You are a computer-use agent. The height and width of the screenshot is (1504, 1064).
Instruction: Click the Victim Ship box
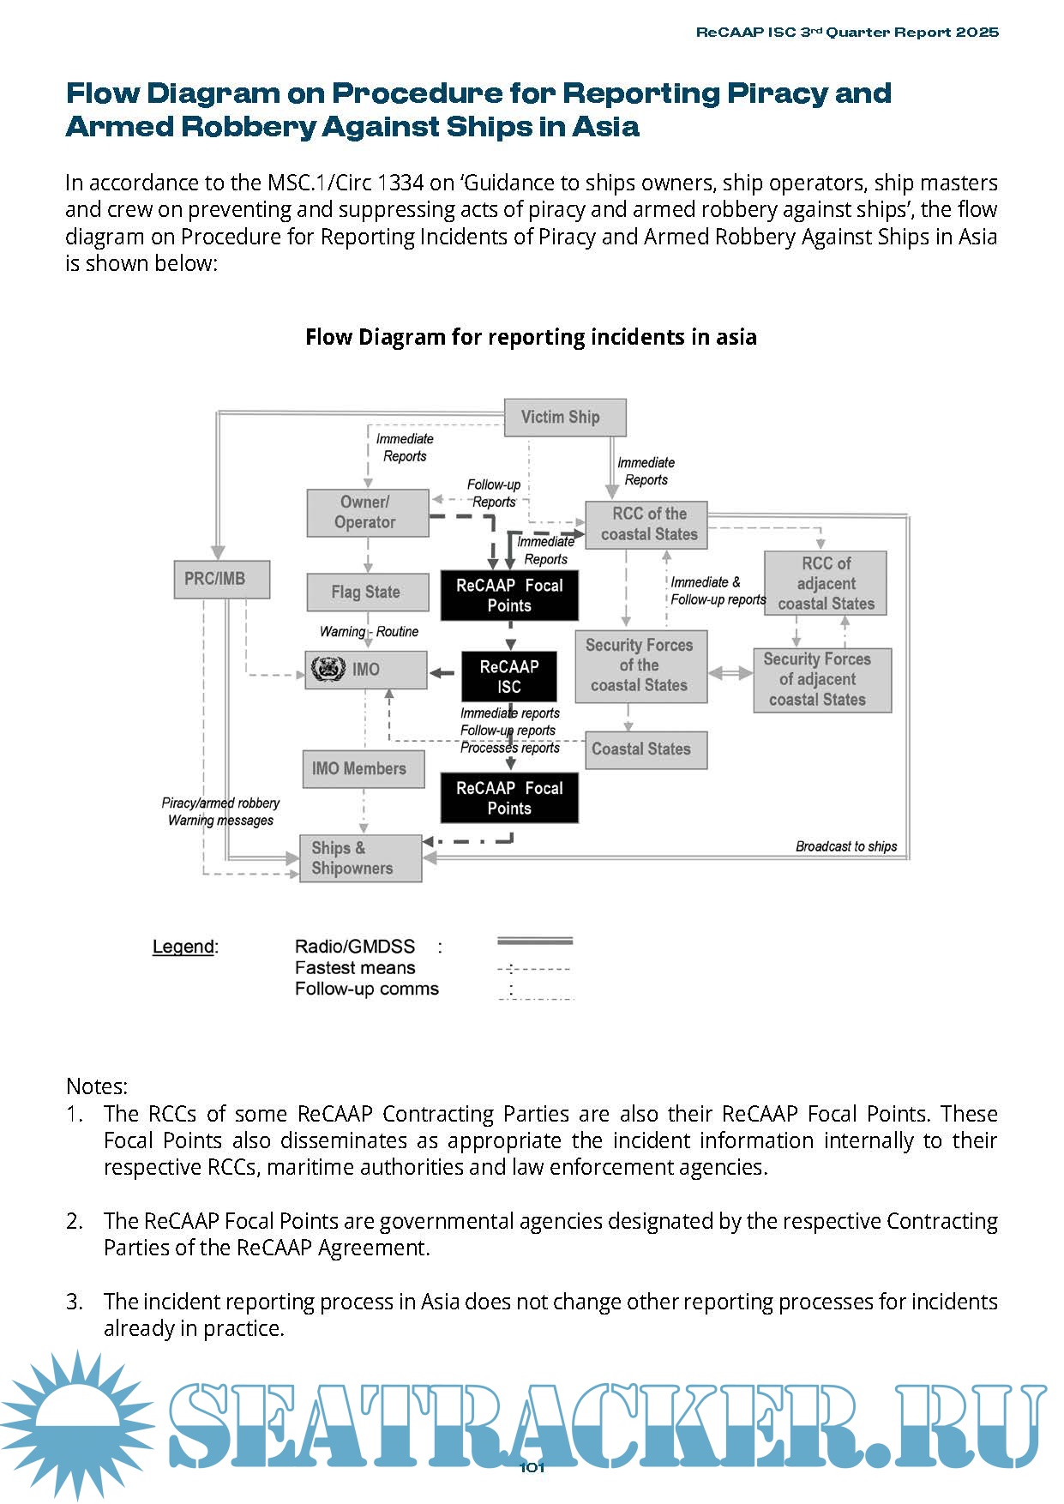coord(564,418)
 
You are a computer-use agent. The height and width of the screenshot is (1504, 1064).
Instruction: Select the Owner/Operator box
coord(368,513)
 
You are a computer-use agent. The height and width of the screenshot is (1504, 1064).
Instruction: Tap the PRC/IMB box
coord(221,580)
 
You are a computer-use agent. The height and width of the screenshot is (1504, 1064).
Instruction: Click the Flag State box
coord(368,593)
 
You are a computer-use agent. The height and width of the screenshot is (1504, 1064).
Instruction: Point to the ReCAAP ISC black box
coord(509,677)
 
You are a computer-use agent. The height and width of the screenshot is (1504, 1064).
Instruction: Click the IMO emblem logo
coord(328,669)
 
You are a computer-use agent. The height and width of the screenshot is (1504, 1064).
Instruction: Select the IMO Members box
coord(363,769)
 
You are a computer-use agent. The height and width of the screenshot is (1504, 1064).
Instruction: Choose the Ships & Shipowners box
coord(360,858)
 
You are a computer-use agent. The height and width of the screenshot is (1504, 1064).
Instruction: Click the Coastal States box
coord(646,749)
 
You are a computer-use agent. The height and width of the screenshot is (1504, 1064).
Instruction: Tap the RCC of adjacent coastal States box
coord(825,584)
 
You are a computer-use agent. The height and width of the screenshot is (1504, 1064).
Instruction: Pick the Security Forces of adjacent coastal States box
coord(822,680)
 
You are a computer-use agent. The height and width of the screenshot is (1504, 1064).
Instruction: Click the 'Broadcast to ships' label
coord(845,846)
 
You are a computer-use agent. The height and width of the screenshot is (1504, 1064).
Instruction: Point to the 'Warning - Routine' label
coord(369,632)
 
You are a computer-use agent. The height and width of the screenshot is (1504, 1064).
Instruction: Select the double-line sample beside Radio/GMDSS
coord(534,942)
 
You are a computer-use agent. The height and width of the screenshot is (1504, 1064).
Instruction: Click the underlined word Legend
coord(183,947)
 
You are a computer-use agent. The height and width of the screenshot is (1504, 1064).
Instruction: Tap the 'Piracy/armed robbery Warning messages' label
coord(220,812)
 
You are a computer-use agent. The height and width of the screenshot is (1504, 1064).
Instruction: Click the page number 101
coord(532,1467)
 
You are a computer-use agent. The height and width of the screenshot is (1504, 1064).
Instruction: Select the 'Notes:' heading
coord(97,1086)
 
